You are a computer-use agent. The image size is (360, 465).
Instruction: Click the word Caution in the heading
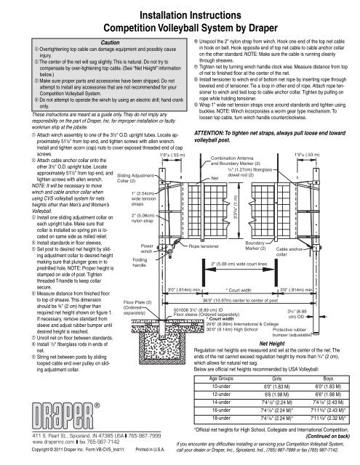[x=95, y=42]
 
